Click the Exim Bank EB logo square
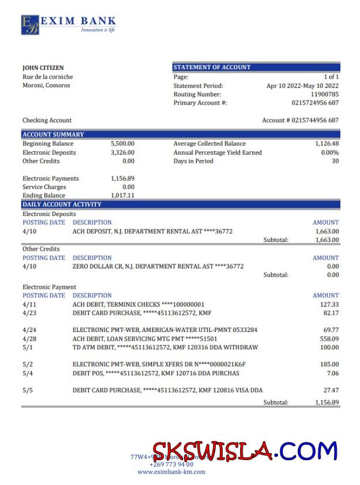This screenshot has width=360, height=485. point(30,25)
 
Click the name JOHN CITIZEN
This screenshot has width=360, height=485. point(43,68)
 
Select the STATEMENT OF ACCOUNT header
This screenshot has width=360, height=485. point(212,67)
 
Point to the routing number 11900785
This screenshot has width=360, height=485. point(325,94)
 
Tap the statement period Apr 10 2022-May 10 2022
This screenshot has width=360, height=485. point(302,85)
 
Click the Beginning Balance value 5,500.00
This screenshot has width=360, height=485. point(122,143)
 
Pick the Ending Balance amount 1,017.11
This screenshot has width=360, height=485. point(122,195)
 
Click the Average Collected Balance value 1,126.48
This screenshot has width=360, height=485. point(327,143)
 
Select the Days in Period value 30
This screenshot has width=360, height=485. point(335,161)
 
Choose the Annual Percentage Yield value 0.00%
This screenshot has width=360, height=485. point(329,152)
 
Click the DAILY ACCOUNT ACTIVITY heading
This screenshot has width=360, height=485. point(62,204)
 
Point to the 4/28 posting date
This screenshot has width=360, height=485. point(29,338)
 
